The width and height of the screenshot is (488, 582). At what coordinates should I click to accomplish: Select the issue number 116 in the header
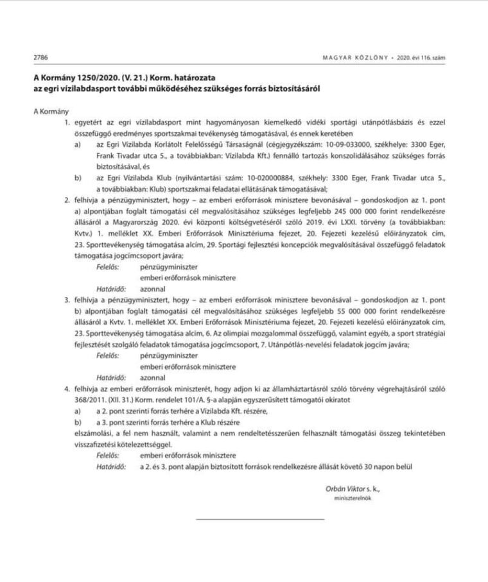coord(426,57)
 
